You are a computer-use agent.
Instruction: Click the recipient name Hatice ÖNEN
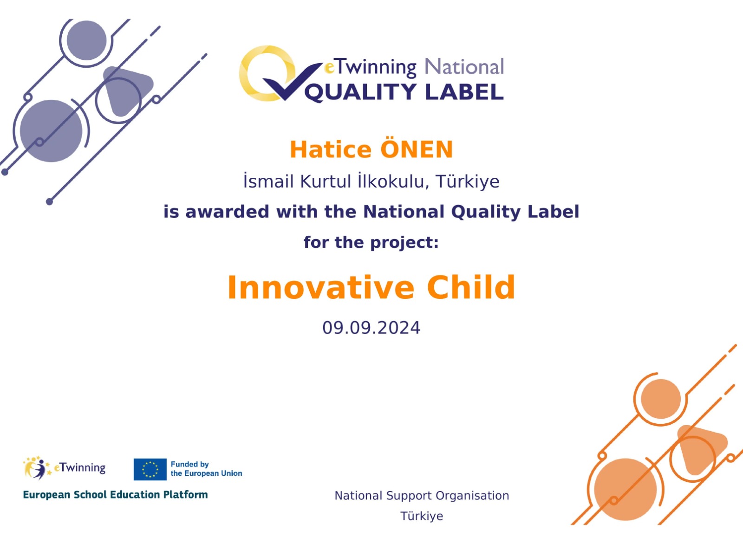(x=371, y=149)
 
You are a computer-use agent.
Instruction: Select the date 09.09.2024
(x=371, y=328)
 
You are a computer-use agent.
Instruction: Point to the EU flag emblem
(x=150, y=469)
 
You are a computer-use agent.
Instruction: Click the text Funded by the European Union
(x=206, y=469)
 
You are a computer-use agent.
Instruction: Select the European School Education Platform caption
(x=115, y=495)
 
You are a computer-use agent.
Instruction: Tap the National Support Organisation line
(x=422, y=496)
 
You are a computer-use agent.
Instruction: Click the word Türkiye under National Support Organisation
(x=422, y=516)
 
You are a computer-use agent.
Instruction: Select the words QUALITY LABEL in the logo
(x=404, y=92)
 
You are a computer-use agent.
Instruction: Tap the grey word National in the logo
(x=464, y=67)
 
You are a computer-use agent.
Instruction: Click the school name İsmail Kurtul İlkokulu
(x=334, y=181)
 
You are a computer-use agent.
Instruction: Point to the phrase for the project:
(x=371, y=242)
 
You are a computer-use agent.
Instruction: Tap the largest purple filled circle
(x=51, y=131)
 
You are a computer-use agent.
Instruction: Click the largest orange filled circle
(x=625, y=489)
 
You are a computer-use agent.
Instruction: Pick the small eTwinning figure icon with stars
(x=37, y=468)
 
